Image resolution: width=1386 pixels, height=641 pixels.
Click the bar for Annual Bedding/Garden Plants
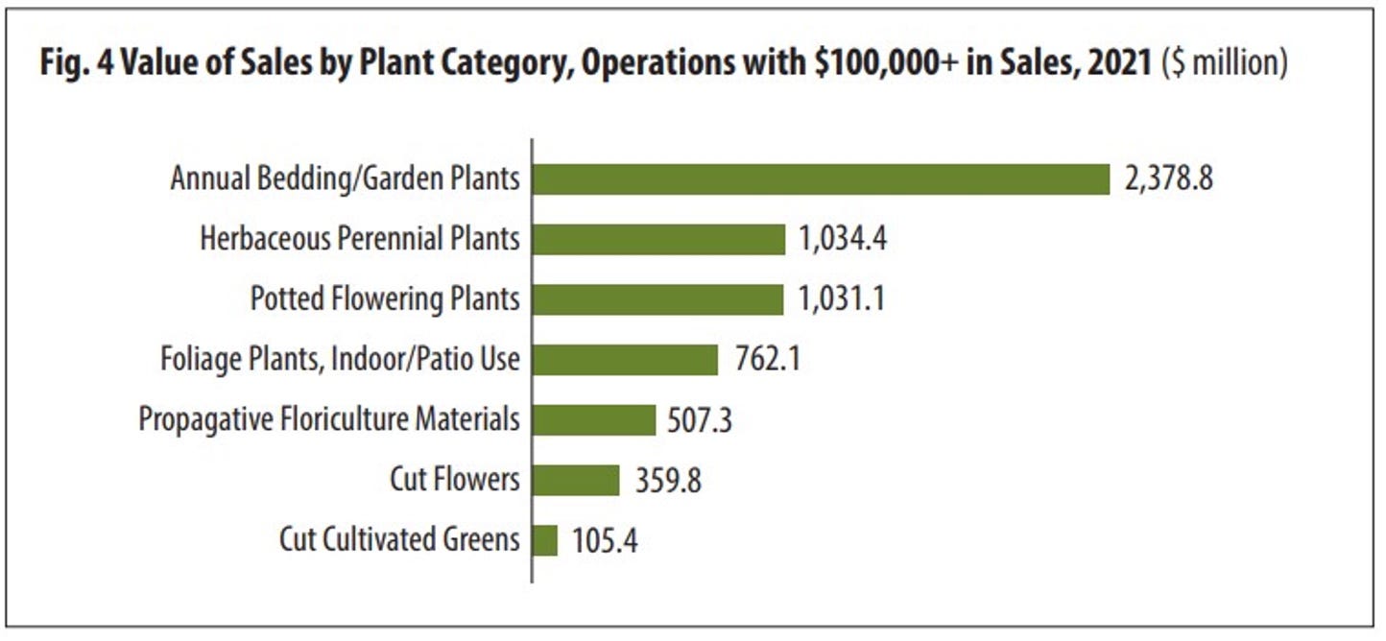pyautogui.click(x=821, y=179)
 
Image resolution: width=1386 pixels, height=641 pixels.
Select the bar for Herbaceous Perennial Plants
pyautogui.click(x=658, y=239)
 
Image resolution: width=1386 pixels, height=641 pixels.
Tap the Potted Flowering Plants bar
pyautogui.click(x=657, y=299)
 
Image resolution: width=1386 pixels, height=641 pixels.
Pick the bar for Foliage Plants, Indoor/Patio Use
pyautogui.click(x=625, y=360)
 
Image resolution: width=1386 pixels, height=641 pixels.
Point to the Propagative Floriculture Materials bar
pyautogui.click(x=593, y=419)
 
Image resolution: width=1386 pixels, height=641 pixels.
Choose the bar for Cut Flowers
pyautogui.click(x=576, y=480)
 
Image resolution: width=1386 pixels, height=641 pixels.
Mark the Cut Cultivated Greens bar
pyautogui.click(x=544, y=540)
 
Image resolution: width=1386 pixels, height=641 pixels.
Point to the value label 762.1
pyautogui.click(x=766, y=360)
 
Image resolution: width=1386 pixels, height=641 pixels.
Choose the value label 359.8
pyautogui.click(x=668, y=480)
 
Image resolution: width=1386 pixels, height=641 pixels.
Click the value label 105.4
pyautogui.click(x=605, y=540)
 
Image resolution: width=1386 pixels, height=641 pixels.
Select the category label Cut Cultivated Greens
pyautogui.click(x=399, y=540)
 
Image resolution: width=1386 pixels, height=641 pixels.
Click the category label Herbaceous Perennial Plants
pyautogui.click(x=360, y=239)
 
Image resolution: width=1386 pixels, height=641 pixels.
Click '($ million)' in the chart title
pyautogui.click(x=1224, y=64)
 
